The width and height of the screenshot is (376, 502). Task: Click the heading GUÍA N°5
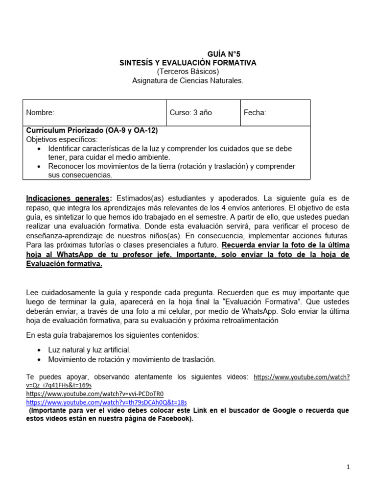(x=224, y=54)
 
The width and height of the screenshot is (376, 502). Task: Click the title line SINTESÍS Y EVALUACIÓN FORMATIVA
(x=188, y=63)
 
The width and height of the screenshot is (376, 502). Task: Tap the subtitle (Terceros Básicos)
(x=188, y=72)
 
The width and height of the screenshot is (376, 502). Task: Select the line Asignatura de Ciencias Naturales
(x=188, y=80)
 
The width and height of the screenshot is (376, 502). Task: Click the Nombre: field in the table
(x=40, y=113)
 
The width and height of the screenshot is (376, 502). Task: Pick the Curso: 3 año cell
(x=190, y=113)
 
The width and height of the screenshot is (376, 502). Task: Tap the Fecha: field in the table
(x=255, y=113)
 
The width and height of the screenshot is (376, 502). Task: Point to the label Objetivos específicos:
(x=62, y=140)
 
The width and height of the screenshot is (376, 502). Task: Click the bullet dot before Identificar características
(x=39, y=149)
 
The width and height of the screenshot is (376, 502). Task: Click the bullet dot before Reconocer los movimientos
(x=39, y=167)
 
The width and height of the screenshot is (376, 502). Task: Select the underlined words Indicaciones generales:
(x=69, y=199)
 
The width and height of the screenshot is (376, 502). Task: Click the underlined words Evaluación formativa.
(x=64, y=264)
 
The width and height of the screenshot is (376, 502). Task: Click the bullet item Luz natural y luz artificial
(x=89, y=350)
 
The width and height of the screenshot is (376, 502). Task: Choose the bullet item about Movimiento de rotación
(x=131, y=359)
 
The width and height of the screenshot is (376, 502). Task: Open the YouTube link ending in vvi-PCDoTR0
(x=94, y=394)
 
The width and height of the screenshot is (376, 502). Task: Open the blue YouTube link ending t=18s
(x=106, y=402)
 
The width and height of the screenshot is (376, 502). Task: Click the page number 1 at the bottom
(x=348, y=467)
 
